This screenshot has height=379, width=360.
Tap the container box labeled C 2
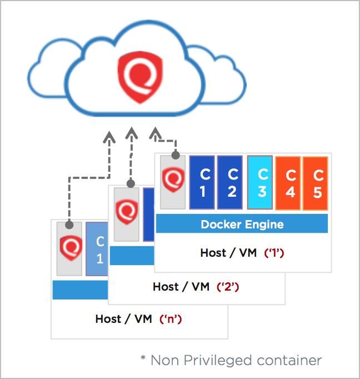point(230,182)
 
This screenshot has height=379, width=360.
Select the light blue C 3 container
point(260,182)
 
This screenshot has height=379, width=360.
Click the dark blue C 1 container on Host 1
point(202,182)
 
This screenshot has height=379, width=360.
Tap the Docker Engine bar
point(242,224)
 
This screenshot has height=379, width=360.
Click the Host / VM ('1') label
point(242,253)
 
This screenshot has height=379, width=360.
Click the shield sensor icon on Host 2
point(126,213)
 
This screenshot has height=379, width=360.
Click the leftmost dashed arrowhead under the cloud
point(109,136)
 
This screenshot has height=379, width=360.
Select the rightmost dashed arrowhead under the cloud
point(154,133)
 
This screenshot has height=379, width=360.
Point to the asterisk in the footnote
point(144,359)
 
